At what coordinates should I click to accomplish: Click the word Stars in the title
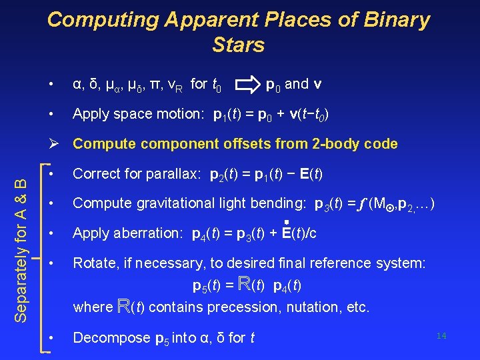[239, 45]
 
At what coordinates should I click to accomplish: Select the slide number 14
[441, 335]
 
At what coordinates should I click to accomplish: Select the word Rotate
[93, 263]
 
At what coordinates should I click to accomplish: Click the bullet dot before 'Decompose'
[52, 338]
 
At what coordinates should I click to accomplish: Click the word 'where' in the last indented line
[93, 308]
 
